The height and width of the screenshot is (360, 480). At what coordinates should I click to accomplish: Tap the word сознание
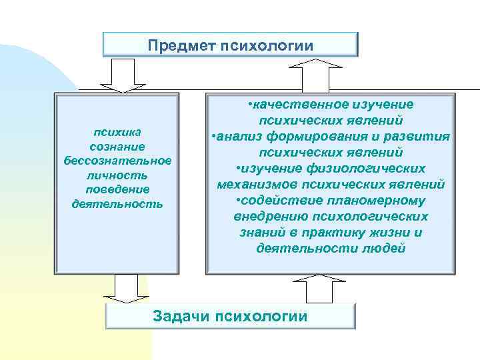pos(117,145)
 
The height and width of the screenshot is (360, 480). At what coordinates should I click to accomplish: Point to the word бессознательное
pos(117,160)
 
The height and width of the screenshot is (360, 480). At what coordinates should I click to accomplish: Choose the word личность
pos(117,175)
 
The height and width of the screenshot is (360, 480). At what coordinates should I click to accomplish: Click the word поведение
pos(117,189)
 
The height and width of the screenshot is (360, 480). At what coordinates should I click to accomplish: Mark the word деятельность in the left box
pos(117,204)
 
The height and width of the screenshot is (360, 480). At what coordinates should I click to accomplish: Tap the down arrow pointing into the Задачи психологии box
pos(127,288)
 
